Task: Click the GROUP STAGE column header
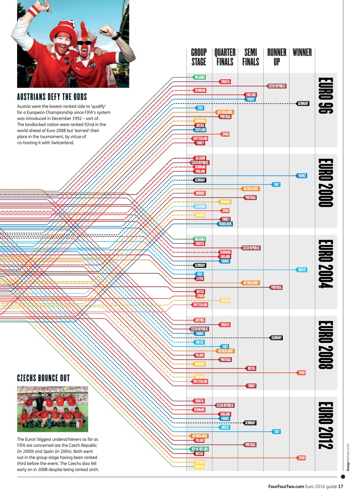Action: (199, 57)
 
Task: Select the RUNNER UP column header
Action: (277, 57)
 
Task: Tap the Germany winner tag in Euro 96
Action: (303, 104)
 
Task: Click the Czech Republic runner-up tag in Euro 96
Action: (277, 86)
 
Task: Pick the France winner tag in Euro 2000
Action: (302, 176)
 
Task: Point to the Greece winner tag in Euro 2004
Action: (302, 270)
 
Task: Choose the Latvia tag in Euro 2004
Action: (200, 278)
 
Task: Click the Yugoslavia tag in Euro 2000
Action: (225, 224)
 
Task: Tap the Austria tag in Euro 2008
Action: (200, 320)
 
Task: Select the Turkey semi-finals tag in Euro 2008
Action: (251, 386)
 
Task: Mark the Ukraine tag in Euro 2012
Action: (199, 467)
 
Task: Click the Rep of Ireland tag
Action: (200, 449)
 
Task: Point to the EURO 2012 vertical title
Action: (325, 426)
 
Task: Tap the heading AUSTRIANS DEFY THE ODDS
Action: (52, 97)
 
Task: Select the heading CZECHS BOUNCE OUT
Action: (43, 378)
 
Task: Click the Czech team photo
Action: (52, 409)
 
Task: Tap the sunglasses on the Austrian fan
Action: (84, 42)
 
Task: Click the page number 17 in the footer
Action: (341, 487)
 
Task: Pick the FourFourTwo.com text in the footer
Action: (286, 487)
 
